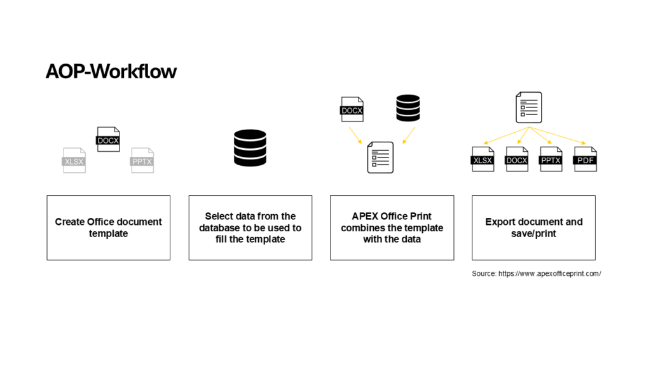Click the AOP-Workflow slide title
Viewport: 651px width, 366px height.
(111, 71)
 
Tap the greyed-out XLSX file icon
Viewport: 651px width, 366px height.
(74, 160)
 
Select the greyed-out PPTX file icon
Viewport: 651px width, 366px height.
(142, 160)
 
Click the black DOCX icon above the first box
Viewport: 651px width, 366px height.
(108, 139)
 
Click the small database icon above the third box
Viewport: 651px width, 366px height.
(408, 108)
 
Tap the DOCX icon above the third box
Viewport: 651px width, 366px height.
(352, 109)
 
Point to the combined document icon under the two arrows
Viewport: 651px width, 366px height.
(380, 157)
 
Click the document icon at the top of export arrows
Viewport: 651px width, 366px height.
(528, 107)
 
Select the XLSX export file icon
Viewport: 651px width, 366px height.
(483, 159)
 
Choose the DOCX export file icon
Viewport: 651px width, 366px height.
(517, 159)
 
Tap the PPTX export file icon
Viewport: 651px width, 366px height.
(551, 159)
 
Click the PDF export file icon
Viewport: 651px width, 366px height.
(585, 159)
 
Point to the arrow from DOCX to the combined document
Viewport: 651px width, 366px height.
(354, 134)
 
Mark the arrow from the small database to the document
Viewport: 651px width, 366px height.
(408, 135)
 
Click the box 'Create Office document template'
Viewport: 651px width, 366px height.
(108, 227)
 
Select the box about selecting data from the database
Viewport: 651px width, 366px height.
(250, 227)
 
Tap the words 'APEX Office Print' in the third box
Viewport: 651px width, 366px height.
(392, 216)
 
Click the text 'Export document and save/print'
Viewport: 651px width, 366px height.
(533, 227)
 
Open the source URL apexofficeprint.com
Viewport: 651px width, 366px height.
(549, 273)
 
